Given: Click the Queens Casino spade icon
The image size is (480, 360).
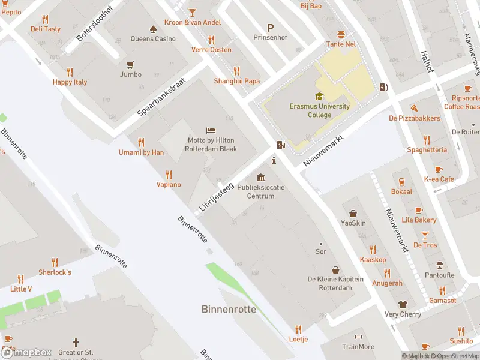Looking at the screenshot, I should [153, 28].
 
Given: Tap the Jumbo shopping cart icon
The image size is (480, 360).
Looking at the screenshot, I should [130, 64].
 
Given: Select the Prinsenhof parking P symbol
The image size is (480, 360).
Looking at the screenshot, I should [270, 28].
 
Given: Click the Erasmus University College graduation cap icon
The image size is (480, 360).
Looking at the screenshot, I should [319, 96].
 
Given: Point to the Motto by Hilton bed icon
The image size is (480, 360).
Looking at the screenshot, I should [211, 130].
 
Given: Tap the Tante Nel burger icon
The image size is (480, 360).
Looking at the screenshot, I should [341, 34].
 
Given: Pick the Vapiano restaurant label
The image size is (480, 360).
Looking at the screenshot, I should [169, 185].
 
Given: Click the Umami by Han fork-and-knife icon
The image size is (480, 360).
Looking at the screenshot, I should [141, 142].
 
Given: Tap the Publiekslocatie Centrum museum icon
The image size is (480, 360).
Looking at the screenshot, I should [260, 177].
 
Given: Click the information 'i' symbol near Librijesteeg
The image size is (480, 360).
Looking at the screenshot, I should [274, 160].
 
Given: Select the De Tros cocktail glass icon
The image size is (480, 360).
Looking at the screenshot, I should [425, 235].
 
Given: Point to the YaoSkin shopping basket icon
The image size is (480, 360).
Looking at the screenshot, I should [353, 213].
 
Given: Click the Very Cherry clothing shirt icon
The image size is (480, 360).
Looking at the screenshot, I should [403, 305].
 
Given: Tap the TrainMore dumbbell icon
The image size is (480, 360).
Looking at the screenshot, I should [358, 337].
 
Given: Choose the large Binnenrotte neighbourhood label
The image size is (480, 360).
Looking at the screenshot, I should [228, 310].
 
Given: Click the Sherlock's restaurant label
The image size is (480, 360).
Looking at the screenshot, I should [55, 272].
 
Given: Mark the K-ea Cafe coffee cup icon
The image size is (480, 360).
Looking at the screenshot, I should [439, 169].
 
